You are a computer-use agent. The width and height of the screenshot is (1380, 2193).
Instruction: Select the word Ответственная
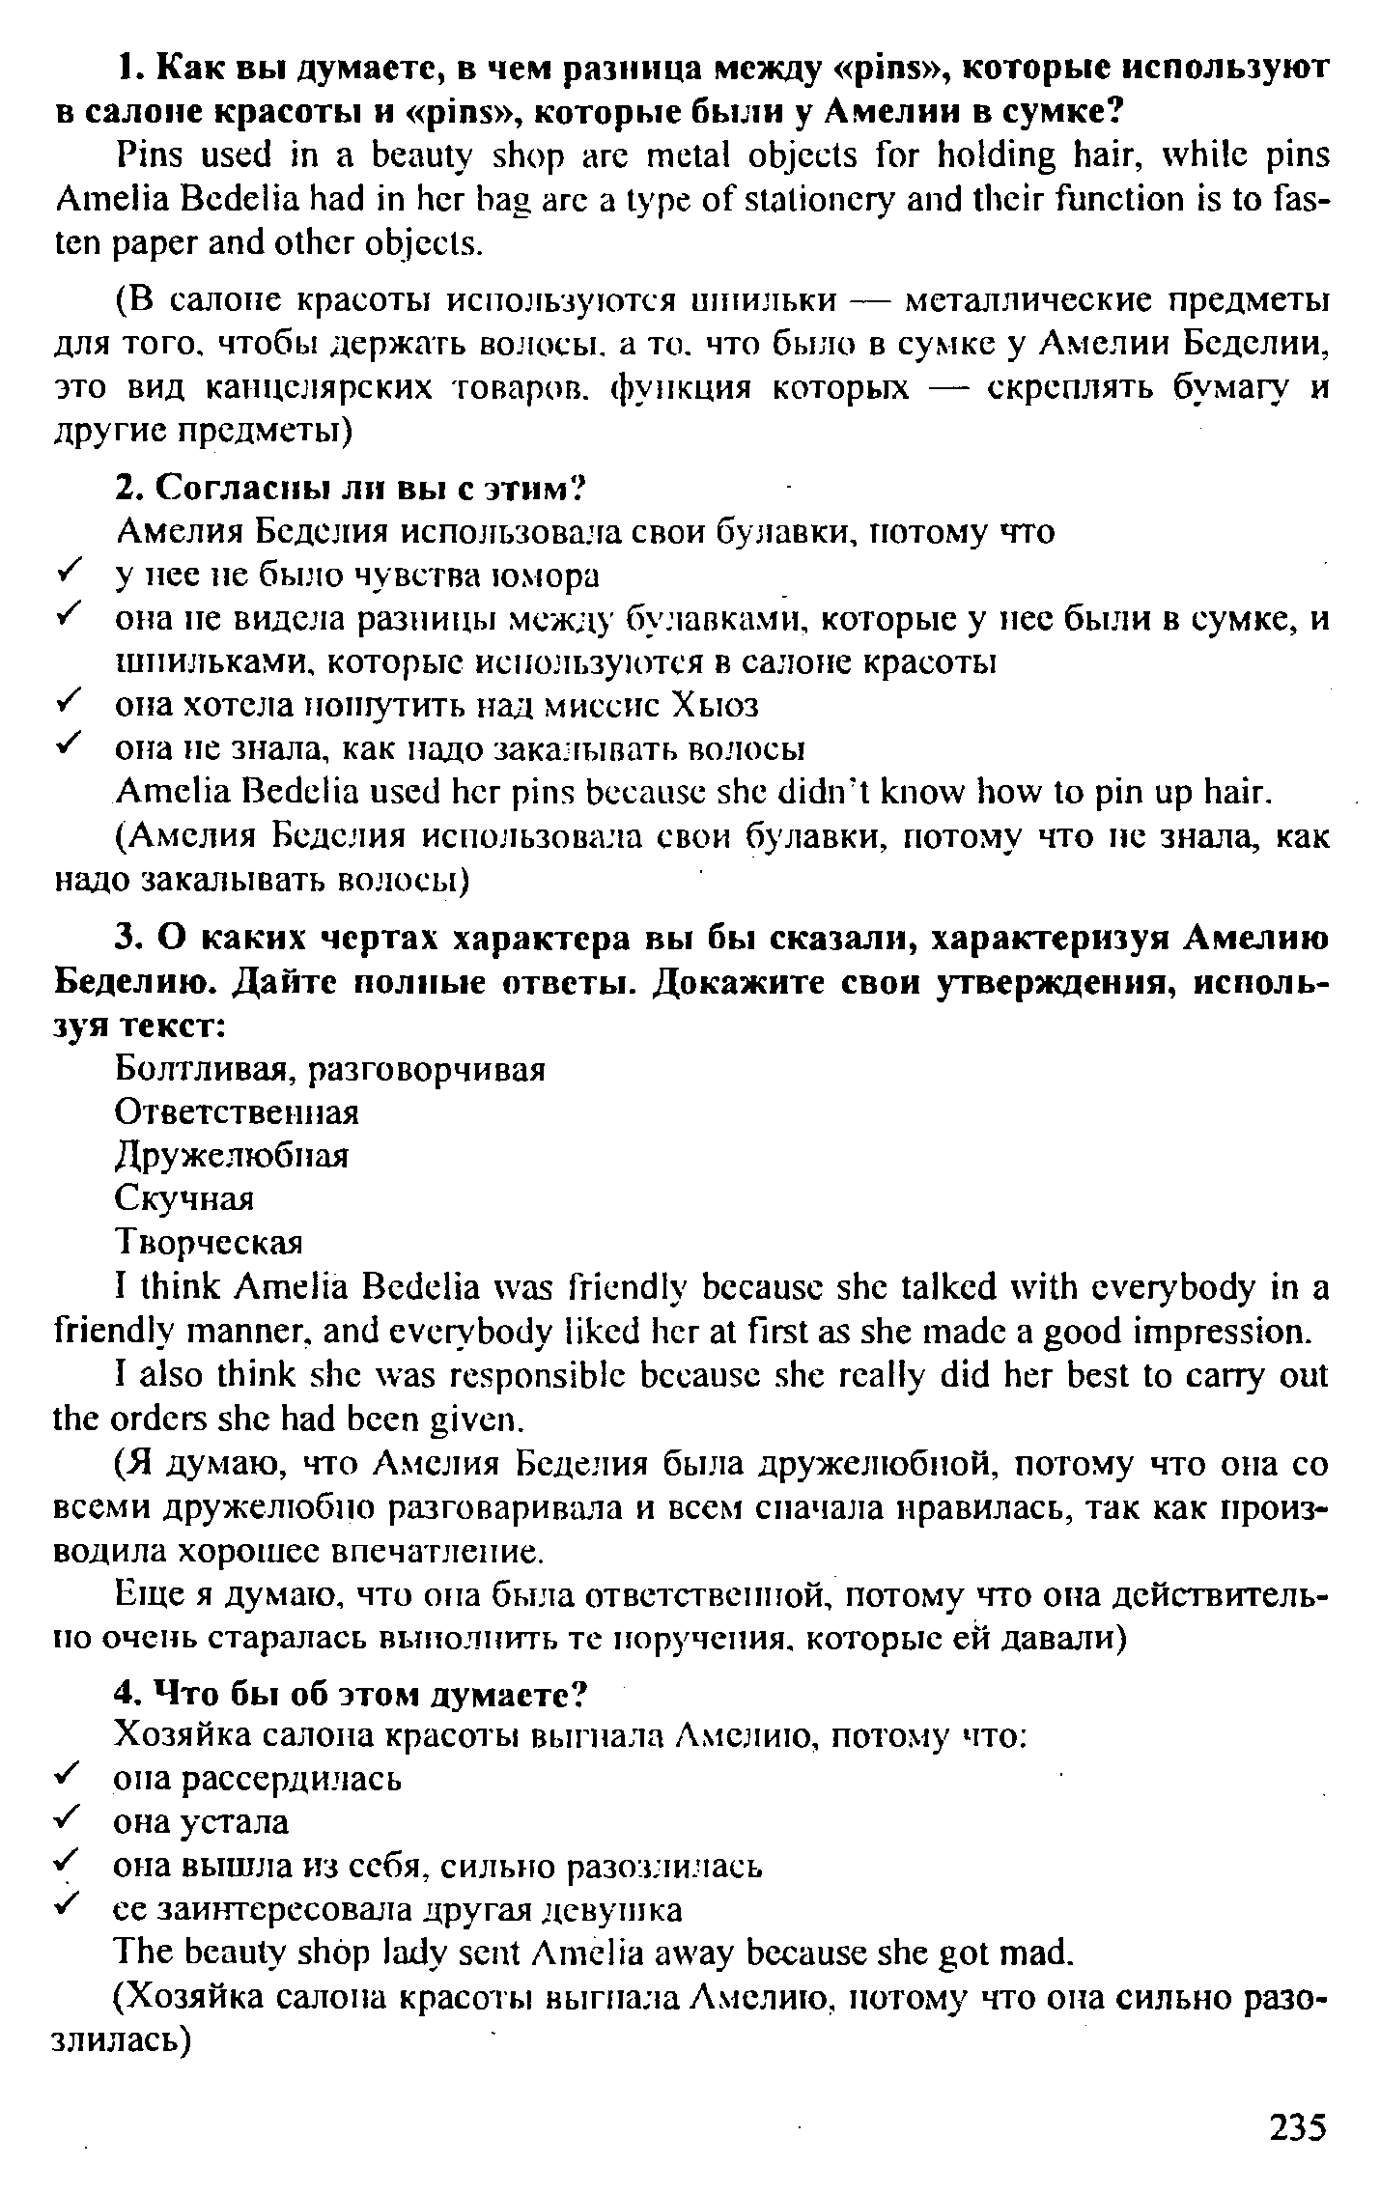click(x=237, y=1112)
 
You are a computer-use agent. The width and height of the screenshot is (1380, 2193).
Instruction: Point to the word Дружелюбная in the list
click(x=231, y=1155)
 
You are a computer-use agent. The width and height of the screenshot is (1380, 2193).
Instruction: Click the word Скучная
click(x=183, y=1198)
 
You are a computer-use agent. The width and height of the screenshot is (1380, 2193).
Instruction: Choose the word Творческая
click(x=209, y=1242)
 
